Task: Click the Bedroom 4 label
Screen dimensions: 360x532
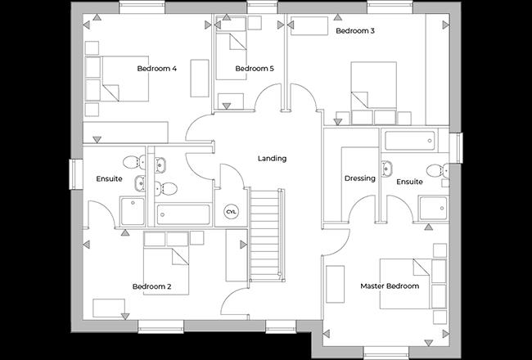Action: (x=156, y=69)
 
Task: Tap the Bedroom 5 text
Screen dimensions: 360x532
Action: (x=255, y=69)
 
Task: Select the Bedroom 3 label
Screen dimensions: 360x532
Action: (x=355, y=31)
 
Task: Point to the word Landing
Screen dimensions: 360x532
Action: (x=272, y=159)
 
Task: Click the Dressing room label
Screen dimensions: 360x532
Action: (x=359, y=178)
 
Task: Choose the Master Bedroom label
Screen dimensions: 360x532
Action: (x=390, y=286)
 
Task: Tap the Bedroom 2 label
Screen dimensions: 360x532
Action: (x=151, y=286)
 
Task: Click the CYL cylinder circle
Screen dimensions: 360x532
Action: (x=231, y=212)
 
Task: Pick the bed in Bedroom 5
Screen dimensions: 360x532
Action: (x=231, y=52)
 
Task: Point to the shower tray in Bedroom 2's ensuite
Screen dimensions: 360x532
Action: (x=132, y=210)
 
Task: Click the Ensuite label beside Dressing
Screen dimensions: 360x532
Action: (x=409, y=182)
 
